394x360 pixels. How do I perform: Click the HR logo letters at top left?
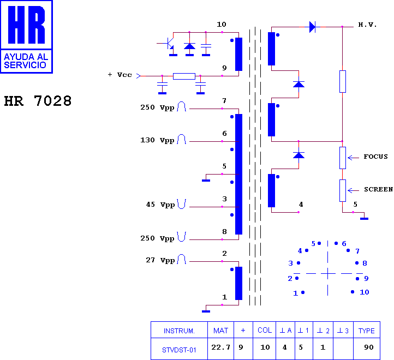pyautogui.click(x=26, y=25)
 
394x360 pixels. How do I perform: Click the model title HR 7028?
pyautogui.click(x=38, y=101)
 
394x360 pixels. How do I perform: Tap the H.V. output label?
pyautogui.click(x=367, y=25)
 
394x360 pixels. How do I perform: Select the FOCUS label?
pyautogui.click(x=375, y=157)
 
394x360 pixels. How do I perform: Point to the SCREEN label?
pyautogui.click(x=378, y=189)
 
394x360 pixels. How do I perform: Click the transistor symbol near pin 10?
pyautogui.click(x=169, y=43)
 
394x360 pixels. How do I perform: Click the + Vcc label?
pyautogui.click(x=120, y=75)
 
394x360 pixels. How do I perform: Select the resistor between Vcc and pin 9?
pyautogui.click(x=184, y=76)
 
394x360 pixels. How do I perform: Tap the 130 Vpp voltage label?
pyautogui.click(x=157, y=140)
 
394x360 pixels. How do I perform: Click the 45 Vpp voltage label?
pyautogui.click(x=160, y=205)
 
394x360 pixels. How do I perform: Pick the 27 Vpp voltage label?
pyautogui.click(x=160, y=260)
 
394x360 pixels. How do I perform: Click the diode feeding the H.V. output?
pyautogui.click(x=312, y=27)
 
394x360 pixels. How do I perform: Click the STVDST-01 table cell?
pyautogui.click(x=179, y=350)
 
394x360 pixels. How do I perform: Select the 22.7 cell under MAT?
pyautogui.click(x=220, y=347)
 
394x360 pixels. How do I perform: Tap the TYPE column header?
pyautogui.click(x=366, y=331)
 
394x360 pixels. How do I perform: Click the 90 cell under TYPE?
pyautogui.click(x=368, y=347)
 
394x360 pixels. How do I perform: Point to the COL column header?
pyautogui.click(x=265, y=330)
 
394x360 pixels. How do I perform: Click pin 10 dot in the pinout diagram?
pyautogui.click(x=353, y=292)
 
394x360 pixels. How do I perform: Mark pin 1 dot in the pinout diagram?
pyautogui.click(x=303, y=292)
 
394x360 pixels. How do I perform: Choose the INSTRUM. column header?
pyautogui.click(x=179, y=331)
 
